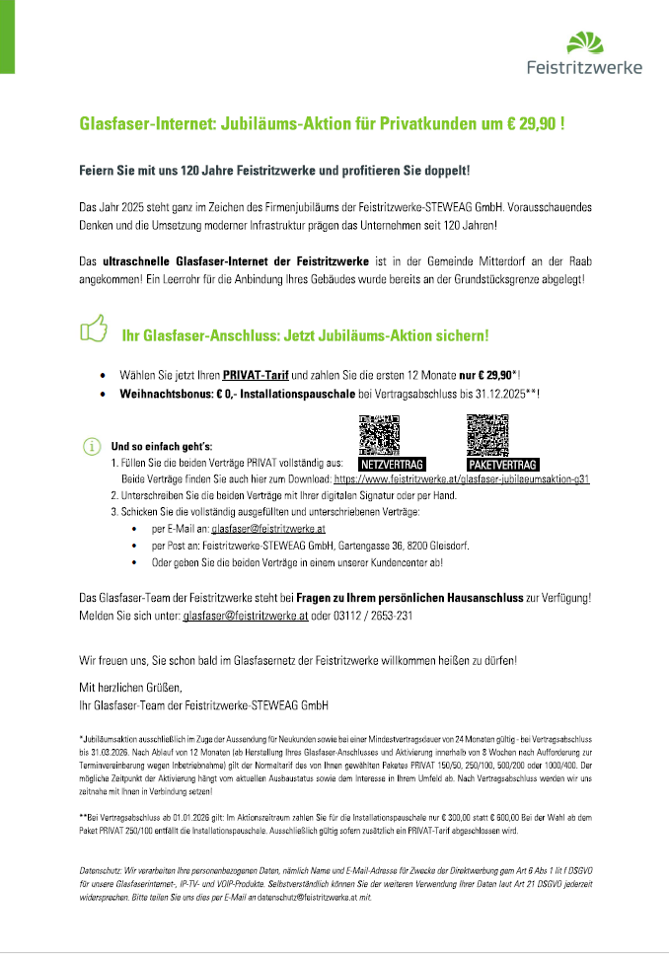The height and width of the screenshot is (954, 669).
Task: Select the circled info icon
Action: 91,445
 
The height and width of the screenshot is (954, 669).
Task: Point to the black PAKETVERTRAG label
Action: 502,464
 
